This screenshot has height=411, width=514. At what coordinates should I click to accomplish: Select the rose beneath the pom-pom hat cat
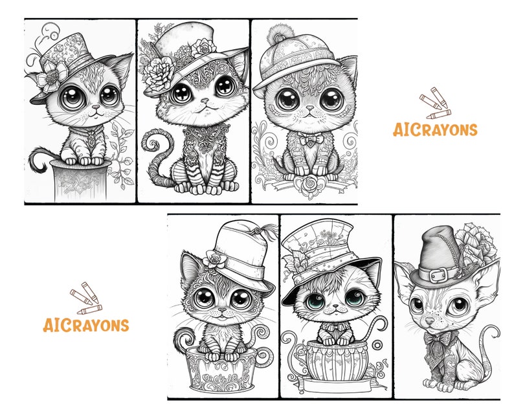tap(303, 185)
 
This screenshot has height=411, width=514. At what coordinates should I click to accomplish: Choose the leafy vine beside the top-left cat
tap(121, 152)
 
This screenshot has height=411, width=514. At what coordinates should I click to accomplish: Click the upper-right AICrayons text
tap(435, 129)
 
